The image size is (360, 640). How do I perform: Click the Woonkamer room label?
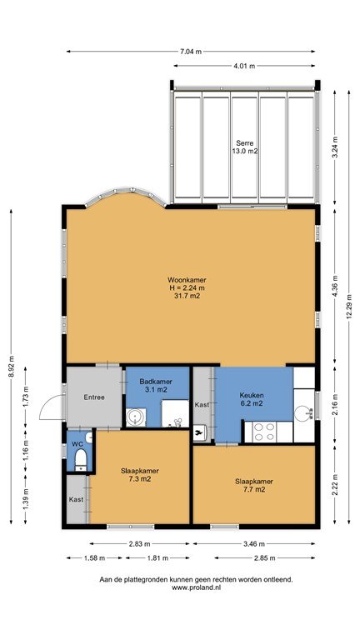[187, 280]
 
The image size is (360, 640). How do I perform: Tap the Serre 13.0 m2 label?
[244, 147]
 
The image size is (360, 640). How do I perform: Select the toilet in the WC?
[81, 459]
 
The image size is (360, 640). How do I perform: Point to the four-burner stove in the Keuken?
[264, 432]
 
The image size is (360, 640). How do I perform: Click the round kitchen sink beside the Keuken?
[303, 413]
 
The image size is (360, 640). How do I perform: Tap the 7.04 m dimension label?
[191, 52]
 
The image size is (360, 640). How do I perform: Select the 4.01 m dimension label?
[244, 66]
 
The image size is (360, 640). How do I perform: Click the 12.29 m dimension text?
[349, 307]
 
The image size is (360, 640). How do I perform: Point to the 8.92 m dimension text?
[12, 367]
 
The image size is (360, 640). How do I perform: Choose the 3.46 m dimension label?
[254, 543]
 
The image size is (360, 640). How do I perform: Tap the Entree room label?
[94, 397]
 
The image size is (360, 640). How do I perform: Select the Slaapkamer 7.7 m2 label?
[254, 485]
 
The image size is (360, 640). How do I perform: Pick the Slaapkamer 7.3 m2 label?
[140, 475]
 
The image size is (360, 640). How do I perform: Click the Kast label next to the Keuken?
[202, 405]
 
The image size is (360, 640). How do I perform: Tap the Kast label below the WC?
[76, 499]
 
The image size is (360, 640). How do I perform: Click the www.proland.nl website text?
[197, 587]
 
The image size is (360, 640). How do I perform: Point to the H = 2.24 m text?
[187, 288]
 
